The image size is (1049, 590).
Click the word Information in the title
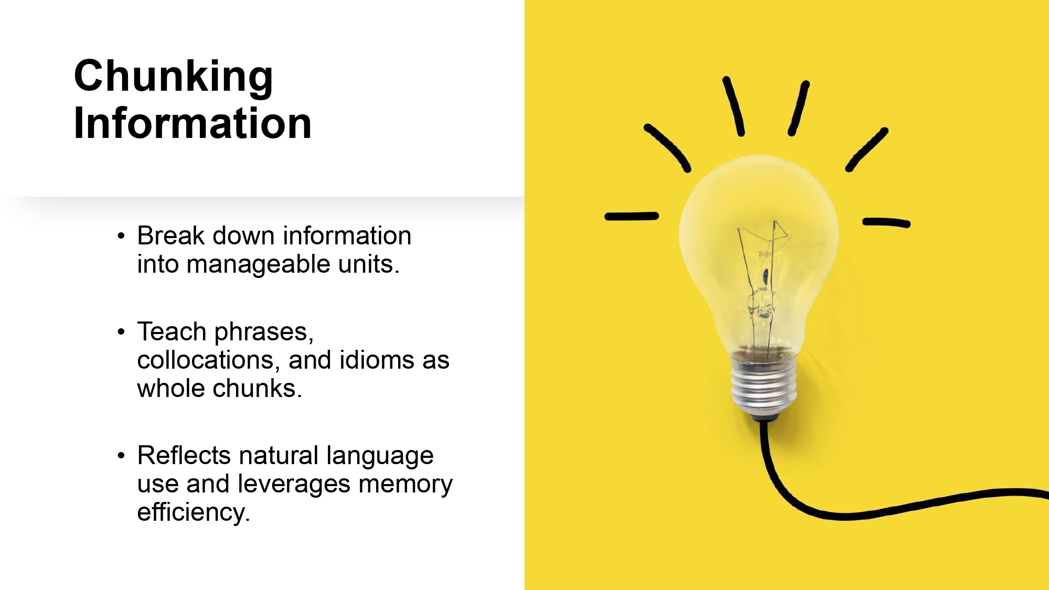pyautogui.click(x=193, y=123)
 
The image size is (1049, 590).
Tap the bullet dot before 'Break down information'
pyautogui.click(x=122, y=237)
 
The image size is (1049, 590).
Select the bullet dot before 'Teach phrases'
pyautogui.click(x=122, y=332)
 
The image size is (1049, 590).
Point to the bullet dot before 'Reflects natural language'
pyautogui.click(x=122, y=456)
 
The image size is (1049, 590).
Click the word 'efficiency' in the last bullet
pyautogui.click(x=194, y=512)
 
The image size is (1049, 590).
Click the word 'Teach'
pyautogui.click(x=172, y=332)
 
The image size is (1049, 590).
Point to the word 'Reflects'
pyautogui.click(x=184, y=455)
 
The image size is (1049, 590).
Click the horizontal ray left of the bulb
pyautogui.click(x=631, y=216)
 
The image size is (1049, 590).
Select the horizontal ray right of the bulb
pyautogui.click(x=886, y=222)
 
